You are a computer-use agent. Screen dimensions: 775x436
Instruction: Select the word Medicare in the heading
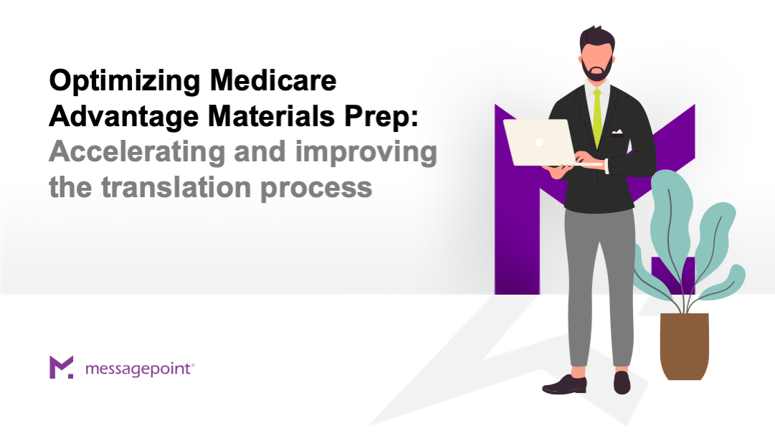[273, 80]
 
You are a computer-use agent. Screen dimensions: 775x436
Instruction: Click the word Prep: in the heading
[381, 118]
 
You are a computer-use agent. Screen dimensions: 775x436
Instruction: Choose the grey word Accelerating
[137, 153]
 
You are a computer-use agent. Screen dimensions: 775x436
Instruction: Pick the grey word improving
[366, 153]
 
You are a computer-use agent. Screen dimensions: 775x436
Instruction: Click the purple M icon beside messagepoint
[61, 366]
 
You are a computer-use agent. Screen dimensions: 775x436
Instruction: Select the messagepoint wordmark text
[140, 369]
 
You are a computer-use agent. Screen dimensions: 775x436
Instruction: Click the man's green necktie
[598, 118]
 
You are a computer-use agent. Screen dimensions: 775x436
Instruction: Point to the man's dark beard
[597, 70]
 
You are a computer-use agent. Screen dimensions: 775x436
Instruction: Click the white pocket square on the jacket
[617, 133]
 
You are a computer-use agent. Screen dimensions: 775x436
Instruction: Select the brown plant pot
[685, 346]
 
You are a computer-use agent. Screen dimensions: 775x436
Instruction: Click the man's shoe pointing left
[564, 384]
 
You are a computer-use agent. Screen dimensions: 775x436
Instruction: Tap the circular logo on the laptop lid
[539, 143]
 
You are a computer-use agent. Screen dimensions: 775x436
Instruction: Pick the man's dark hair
[597, 39]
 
